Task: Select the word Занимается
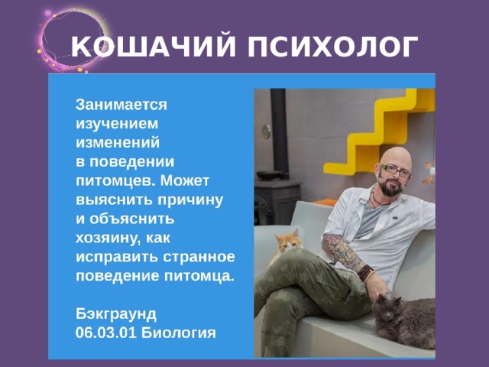[x=121, y=102]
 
